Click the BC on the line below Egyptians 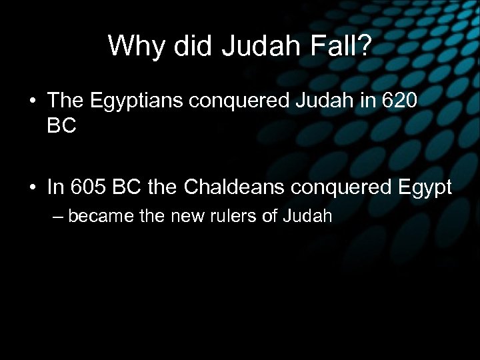pyautogui.click(x=62, y=125)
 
